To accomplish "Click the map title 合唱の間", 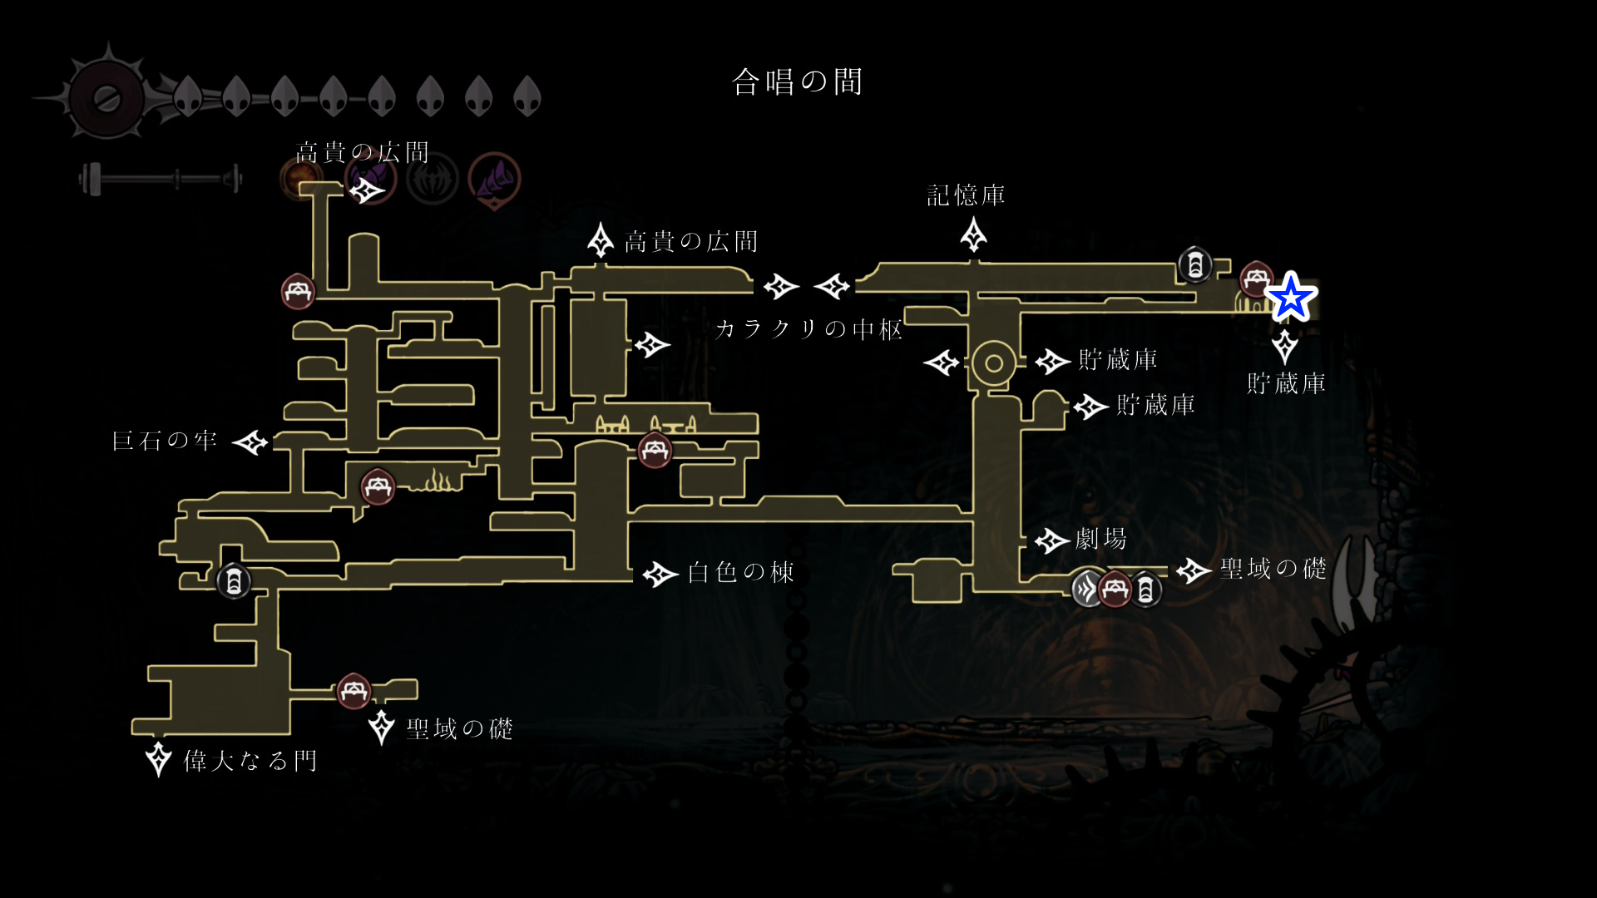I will point(797,82).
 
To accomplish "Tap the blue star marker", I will point(1290,297).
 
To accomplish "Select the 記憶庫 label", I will point(966,196).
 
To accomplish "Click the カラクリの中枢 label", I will point(808,329).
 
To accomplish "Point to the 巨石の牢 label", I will point(165,441).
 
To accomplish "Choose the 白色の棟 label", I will point(740,572).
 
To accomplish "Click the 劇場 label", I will point(1100,540).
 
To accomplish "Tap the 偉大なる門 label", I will point(250,761).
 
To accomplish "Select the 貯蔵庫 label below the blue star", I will point(1286,383).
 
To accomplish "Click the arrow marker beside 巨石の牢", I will point(250,442).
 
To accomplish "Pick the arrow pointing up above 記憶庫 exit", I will point(973,235).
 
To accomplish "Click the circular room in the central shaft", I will point(992,363).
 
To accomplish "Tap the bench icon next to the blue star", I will point(1255,279).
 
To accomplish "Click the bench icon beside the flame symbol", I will point(378,486).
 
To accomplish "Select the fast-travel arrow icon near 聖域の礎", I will point(1087,590).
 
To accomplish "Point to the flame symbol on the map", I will point(438,481).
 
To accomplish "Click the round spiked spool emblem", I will point(106,98).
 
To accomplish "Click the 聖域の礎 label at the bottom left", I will point(459,729).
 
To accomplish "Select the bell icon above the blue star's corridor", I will point(1195,265).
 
